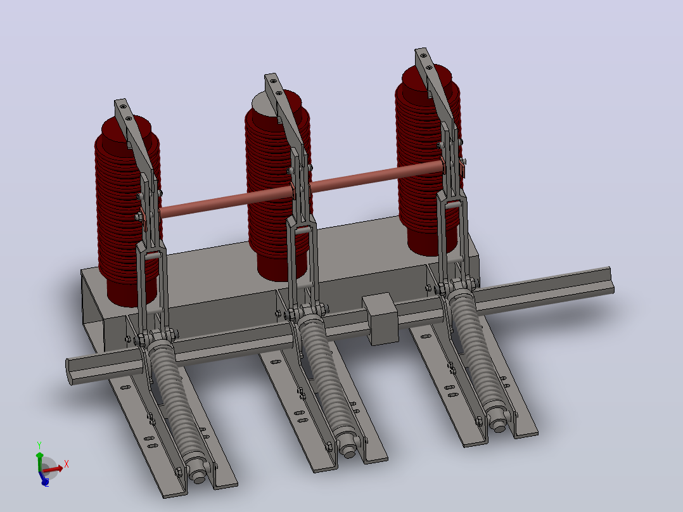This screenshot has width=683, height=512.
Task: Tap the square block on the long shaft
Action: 380,319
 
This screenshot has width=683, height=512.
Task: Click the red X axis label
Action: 66,464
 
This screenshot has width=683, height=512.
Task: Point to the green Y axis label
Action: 39,445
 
